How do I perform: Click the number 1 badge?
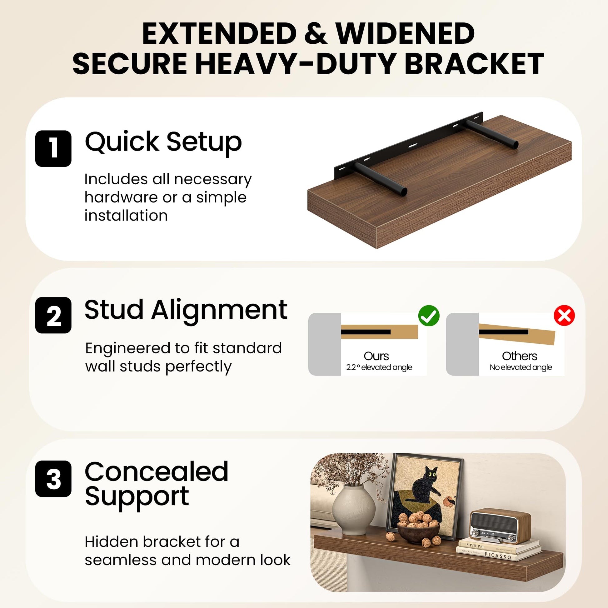click(53, 148)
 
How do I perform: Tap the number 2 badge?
click(53, 315)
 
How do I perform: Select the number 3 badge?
click(53, 479)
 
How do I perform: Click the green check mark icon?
click(429, 316)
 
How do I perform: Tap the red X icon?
click(564, 315)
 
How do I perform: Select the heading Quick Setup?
click(163, 142)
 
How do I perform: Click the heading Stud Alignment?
click(186, 310)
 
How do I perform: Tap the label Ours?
click(376, 356)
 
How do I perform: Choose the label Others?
click(520, 356)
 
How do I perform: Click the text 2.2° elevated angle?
click(379, 367)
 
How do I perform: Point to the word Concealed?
click(157, 472)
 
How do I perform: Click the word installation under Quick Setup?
click(126, 216)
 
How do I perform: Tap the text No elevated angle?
click(521, 367)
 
